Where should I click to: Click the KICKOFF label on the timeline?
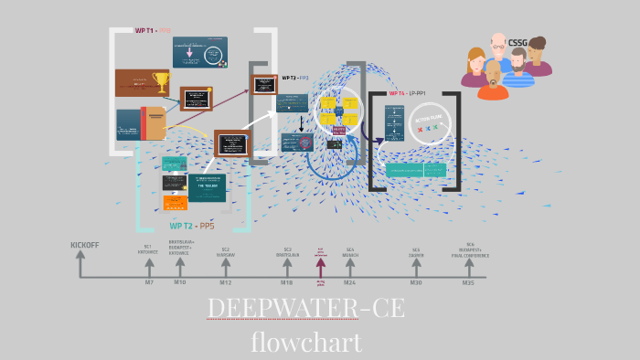[x=85, y=245]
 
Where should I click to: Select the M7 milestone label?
[x=149, y=282]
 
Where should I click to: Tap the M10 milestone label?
[x=180, y=282]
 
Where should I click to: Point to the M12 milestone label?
[x=225, y=282]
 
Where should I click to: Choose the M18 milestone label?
[x=286, y=282]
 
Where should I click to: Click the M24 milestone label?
[x=349, y=282]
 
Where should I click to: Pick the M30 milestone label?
[x=416, y=282]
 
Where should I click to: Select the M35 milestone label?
[x=468, y=282]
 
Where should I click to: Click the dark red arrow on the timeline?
[x=320, y=266]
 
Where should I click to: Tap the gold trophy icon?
[x=162, y=82]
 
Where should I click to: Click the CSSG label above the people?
[x=518, y=42]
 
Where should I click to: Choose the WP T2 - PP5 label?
[x=192, y=226]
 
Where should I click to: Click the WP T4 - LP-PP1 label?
[x=408, y=92]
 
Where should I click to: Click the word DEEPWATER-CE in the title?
[x=305, y=309]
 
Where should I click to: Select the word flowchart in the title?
[x=306, y=342]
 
